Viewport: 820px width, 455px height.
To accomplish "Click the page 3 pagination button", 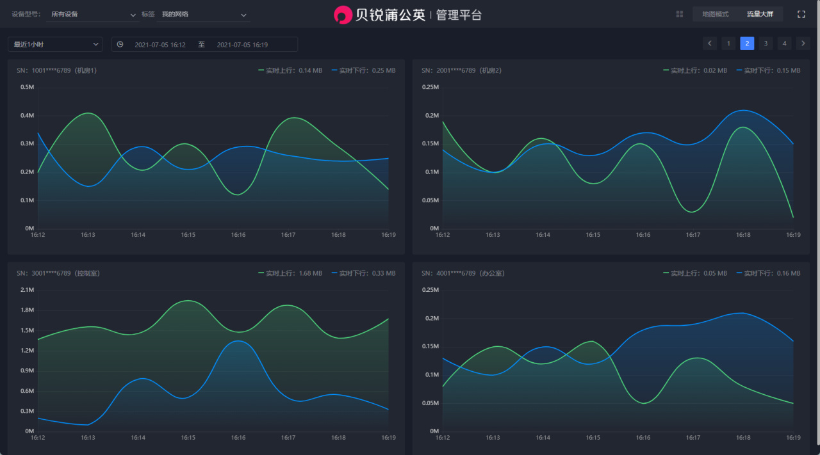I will click(x=766, y=44).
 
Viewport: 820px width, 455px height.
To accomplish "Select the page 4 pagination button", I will click(x=784, y=44).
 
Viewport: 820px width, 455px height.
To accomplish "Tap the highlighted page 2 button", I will click(x=747, y=44).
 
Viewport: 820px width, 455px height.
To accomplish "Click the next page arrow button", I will click(x=803, y=44).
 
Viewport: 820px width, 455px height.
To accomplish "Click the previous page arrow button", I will click(x=710, y=44).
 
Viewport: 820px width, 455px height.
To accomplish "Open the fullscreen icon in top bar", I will click(x=801, y=14).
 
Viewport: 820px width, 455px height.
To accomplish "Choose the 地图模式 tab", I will click(x=715, y=14).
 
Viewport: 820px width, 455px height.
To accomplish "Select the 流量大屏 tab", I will click(x=760, y=14).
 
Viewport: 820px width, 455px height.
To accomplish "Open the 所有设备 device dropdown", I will click(x=92, y=14).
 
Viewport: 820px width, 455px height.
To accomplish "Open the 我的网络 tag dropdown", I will click(x=203, y=14).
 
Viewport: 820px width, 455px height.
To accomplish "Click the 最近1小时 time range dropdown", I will click(x=55, y=44).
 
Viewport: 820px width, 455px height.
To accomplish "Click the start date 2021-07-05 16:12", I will click(x=160, y=45).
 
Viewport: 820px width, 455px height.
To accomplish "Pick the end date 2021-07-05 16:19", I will click(x=242, y=45).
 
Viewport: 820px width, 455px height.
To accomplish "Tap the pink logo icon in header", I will click(x=343, y=15).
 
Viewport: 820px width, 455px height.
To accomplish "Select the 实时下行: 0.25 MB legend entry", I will click(x=364, y=70).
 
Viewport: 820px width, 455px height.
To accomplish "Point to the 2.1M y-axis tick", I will click(x=27, y=290).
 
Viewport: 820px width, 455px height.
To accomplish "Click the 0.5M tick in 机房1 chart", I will click(x=27, y=87).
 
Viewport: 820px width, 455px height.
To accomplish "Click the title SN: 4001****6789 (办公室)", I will click(x=463, y=273).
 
